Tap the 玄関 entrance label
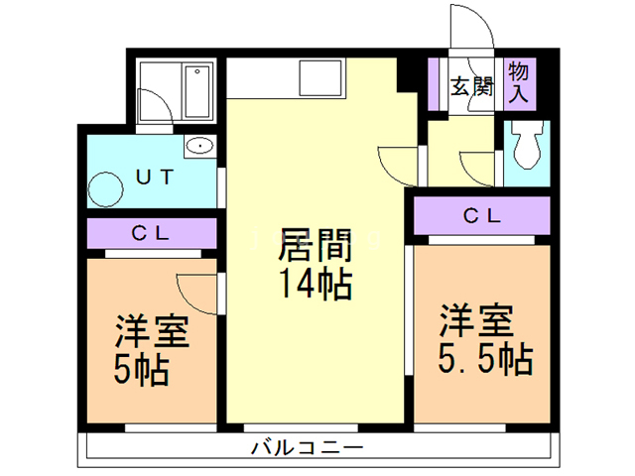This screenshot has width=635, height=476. (x=472, y=86)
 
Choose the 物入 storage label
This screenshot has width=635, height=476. (x=518, y=81)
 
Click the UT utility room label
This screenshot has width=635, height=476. (x=155, y=178)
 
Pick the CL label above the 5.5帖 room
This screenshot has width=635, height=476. (x=481, y=214)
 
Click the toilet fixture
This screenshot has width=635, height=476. (x=526, y=145)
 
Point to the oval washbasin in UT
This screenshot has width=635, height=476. (x=199, y=147)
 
